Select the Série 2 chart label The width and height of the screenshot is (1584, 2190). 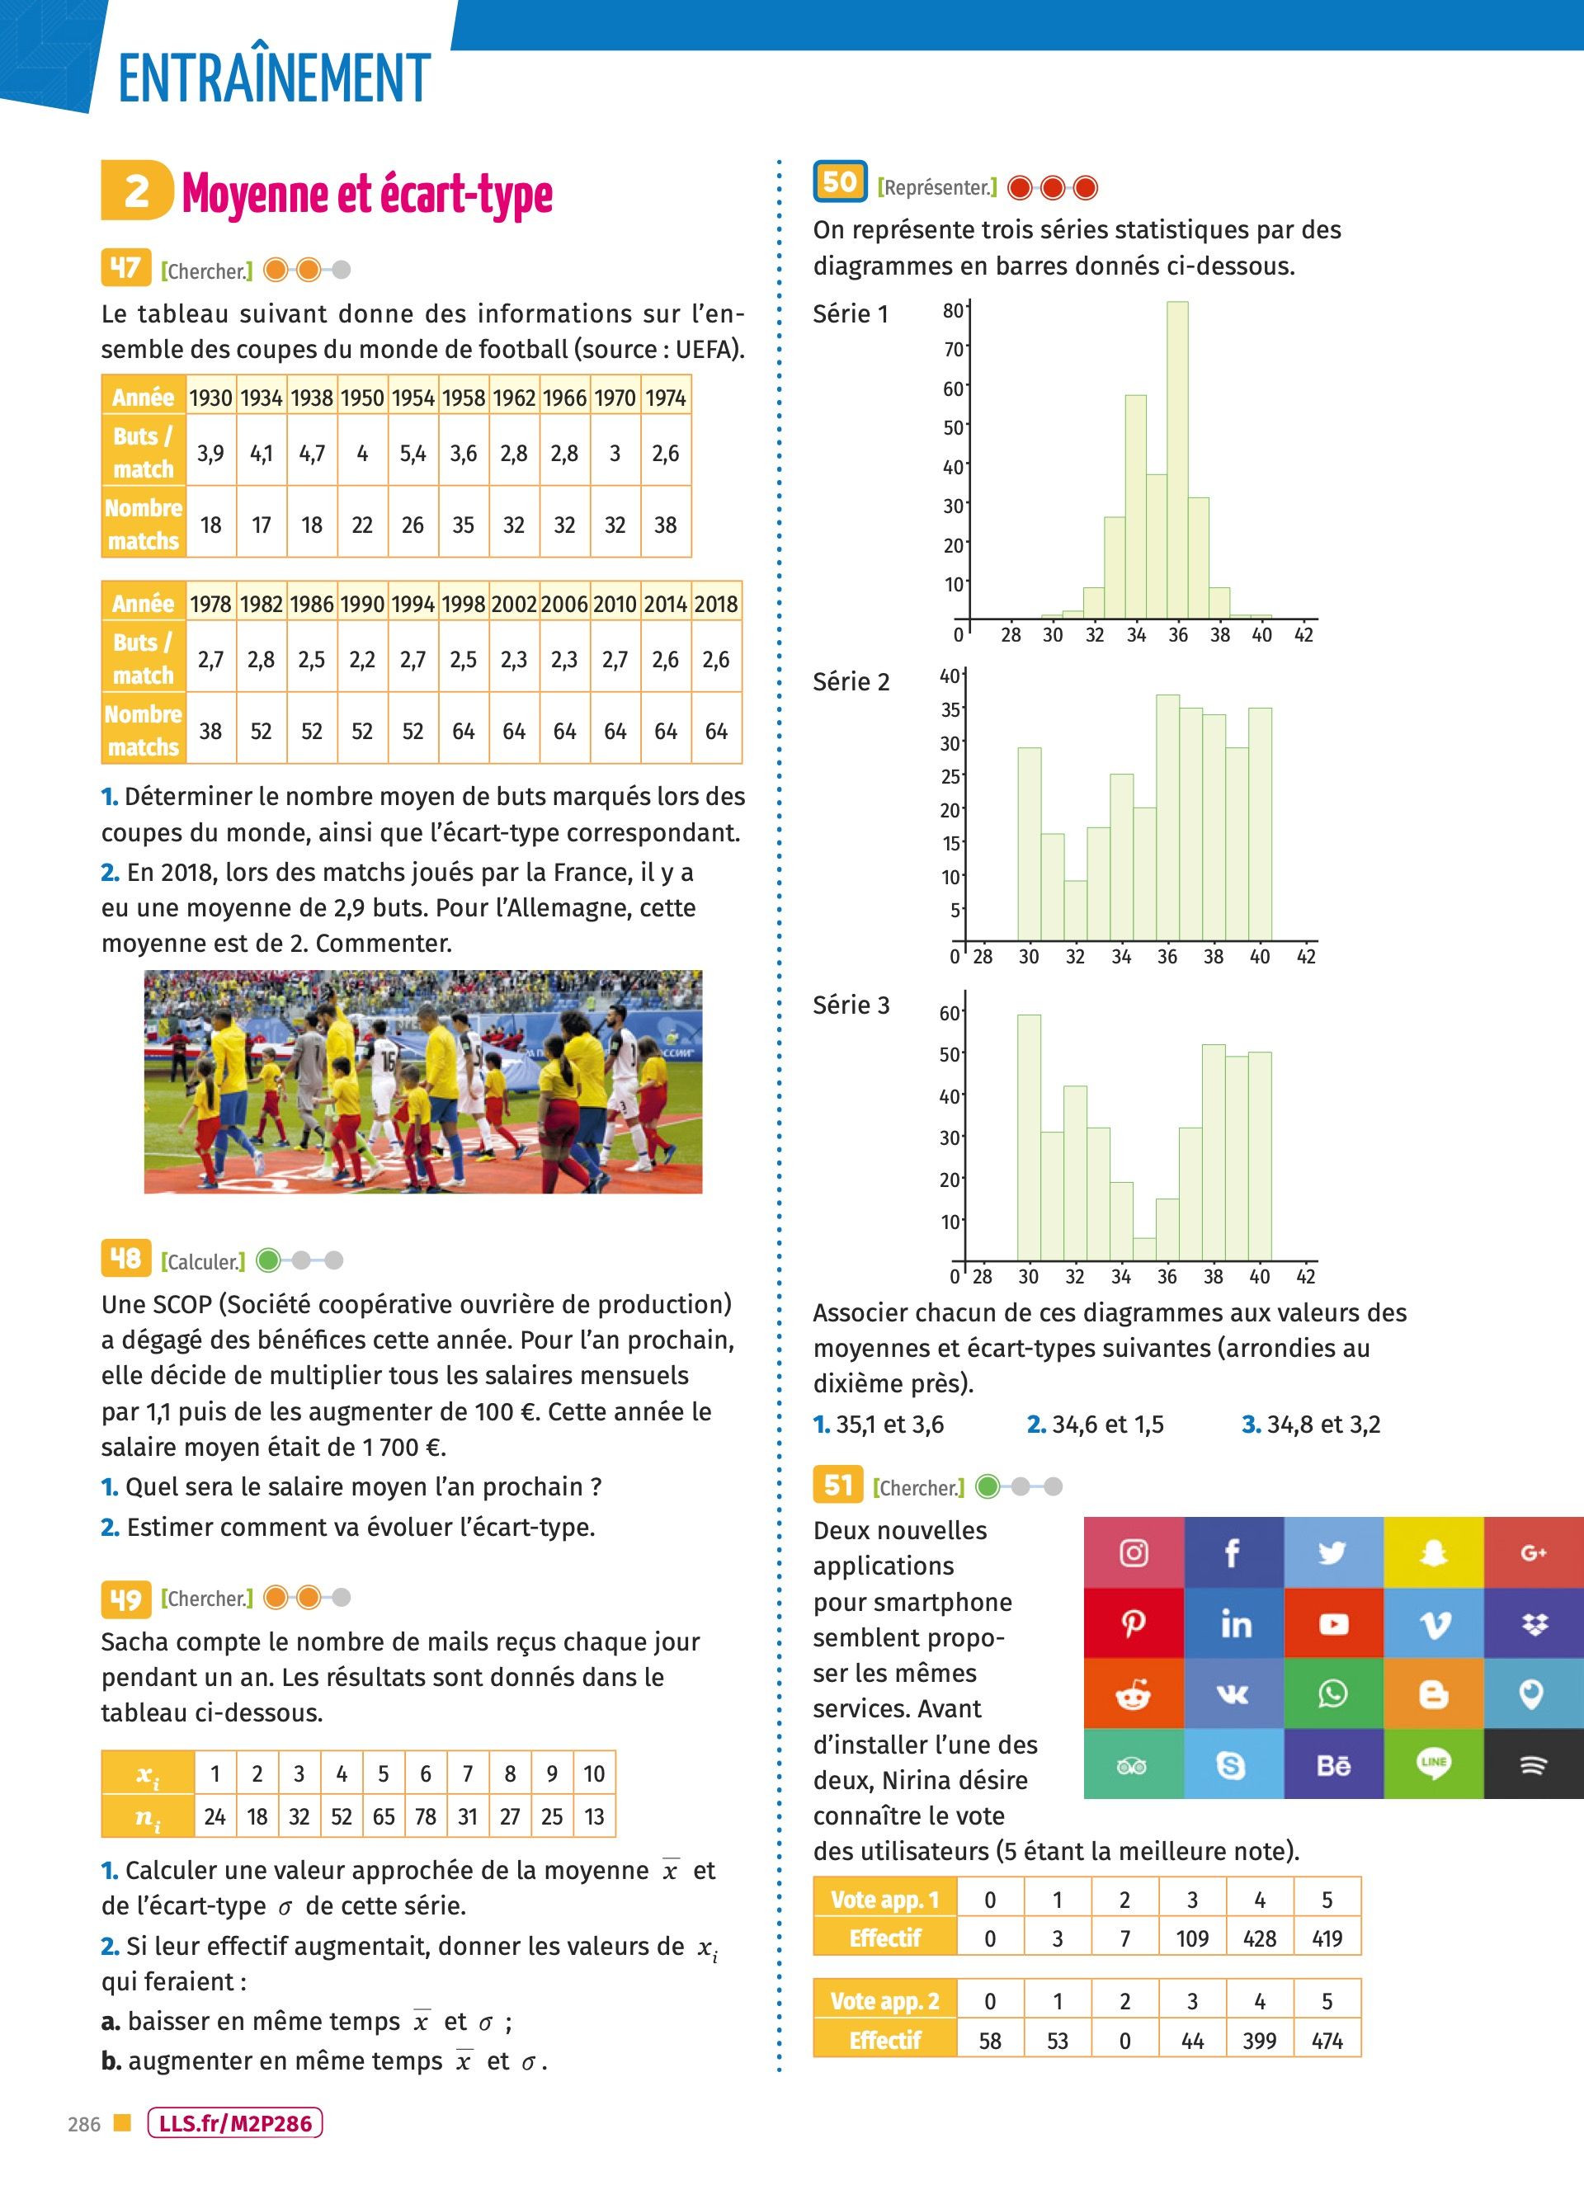851,681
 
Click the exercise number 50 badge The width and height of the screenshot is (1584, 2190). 839,181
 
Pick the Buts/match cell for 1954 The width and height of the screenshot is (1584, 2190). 412,453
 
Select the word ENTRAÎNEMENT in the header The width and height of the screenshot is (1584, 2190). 274,79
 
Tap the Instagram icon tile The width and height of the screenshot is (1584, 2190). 1133,1552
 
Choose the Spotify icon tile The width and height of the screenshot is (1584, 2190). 1533,1764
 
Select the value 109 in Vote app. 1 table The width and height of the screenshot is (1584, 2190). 1192,1938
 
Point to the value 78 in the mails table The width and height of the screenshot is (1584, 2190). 425,1816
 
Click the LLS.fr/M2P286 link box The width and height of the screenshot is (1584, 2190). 234,2123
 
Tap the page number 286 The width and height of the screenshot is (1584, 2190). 84,2124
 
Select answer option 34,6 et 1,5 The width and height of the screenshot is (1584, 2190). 1096,1425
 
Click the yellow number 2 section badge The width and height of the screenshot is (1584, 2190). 137,191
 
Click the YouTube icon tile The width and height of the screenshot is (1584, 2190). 1333,1623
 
